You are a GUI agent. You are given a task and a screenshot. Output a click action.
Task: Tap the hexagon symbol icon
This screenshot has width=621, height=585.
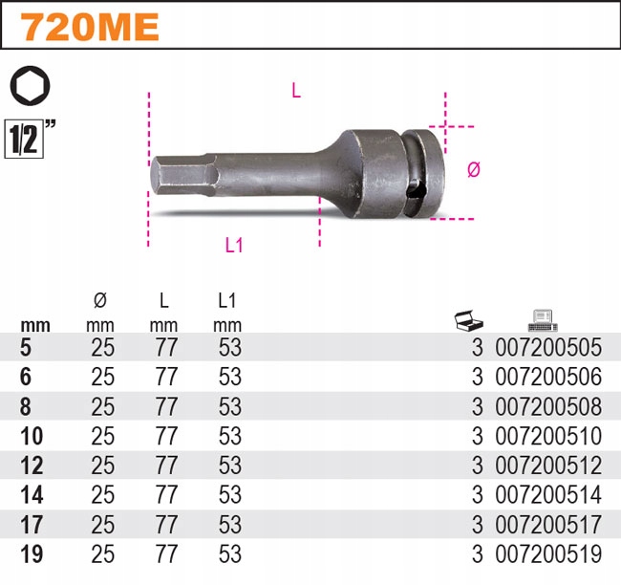tap(29, 87)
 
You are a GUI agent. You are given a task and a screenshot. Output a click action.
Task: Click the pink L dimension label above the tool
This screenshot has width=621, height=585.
tap(296, 92)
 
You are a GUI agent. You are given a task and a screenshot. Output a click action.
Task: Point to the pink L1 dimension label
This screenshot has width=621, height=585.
tap(234, 246)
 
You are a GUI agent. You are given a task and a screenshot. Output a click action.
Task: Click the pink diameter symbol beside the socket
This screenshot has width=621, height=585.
tap(473, 170)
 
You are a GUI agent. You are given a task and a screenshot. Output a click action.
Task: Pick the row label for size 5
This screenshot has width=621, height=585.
tap(25, 347)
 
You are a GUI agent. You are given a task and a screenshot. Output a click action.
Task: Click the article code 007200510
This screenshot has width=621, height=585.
tap(548, 437)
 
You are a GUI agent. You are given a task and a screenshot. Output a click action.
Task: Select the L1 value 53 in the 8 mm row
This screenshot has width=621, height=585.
tap(228, 407)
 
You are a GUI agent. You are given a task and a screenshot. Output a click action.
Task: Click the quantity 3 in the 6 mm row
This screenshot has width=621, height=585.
tap(477, 378)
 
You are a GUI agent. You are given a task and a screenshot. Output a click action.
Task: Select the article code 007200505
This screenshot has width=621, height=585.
tap(548, 348)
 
